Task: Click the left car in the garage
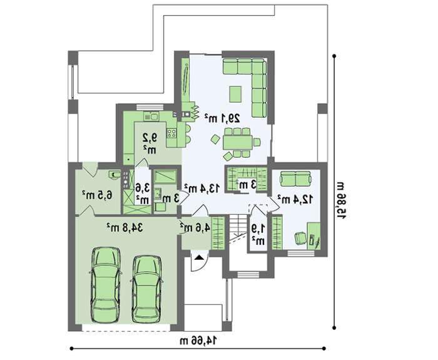[106, 285]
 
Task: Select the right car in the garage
[146, 289]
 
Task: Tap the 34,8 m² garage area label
[125, 228]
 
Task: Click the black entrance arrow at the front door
[198, 257]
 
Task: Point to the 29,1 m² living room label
[222, 118]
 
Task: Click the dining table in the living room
[238, 142]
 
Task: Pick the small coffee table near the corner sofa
[235, 94]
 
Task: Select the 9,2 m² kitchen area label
[150, 143]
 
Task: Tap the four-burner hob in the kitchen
[171, 133]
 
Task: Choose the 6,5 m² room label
[97, 195]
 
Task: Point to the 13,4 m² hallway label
[202, 188]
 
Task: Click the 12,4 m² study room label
[295, 199]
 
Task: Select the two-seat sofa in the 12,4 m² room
[295, 178]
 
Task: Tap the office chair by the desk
[300, 238]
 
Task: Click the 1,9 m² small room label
[258, 234]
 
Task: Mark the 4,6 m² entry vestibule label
[195, 227]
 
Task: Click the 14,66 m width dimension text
[198, 341]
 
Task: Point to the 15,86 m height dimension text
[341, 200]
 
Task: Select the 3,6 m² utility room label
[143, 193]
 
